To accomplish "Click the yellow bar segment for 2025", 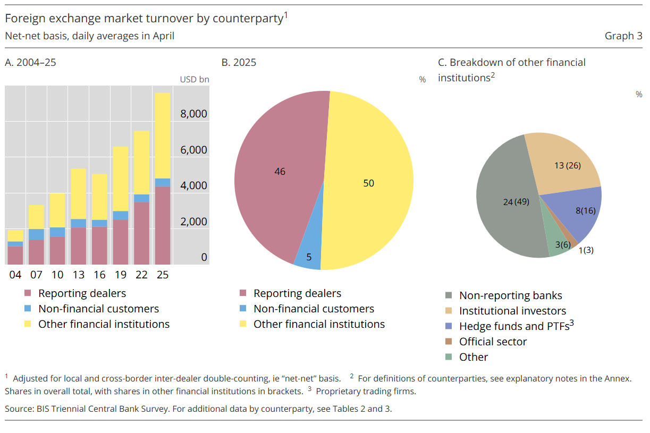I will click(x=163, y=135).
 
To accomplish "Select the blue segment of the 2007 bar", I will click(x=36, y=234).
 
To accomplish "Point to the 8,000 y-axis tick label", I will click(x=194, y=114).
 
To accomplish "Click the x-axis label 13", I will click(x=78, y=275).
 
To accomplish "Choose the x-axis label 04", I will click(x=15, y=275).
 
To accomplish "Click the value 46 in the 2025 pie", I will click(x=280, y=172).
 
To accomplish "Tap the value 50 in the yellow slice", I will click(x=368, y=183).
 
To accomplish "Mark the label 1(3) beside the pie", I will click(x=586, y=250).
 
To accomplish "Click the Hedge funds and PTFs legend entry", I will click(x=513, y=326).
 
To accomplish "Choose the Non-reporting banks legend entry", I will click(x=510, y=295).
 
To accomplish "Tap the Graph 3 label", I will click(x=623, y=36).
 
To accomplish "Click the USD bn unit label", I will click(x=194, y=80).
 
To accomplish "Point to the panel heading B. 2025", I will click(x=239, y=63).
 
